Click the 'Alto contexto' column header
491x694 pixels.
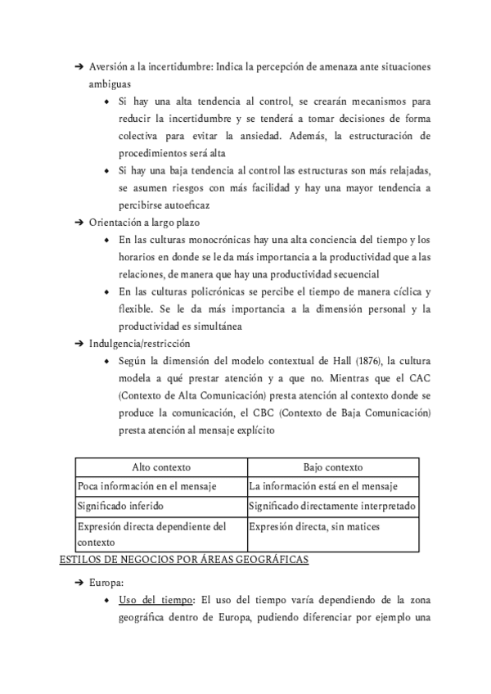point(161,467)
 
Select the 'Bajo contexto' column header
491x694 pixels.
point(332,467)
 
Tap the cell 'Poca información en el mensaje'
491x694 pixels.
point(147,486)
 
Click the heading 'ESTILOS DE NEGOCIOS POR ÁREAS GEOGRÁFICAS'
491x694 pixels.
point(184,560)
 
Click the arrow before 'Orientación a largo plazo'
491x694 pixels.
point(79,223)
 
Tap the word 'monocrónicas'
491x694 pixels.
point(210,240)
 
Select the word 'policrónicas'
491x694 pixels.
point(211,291)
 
